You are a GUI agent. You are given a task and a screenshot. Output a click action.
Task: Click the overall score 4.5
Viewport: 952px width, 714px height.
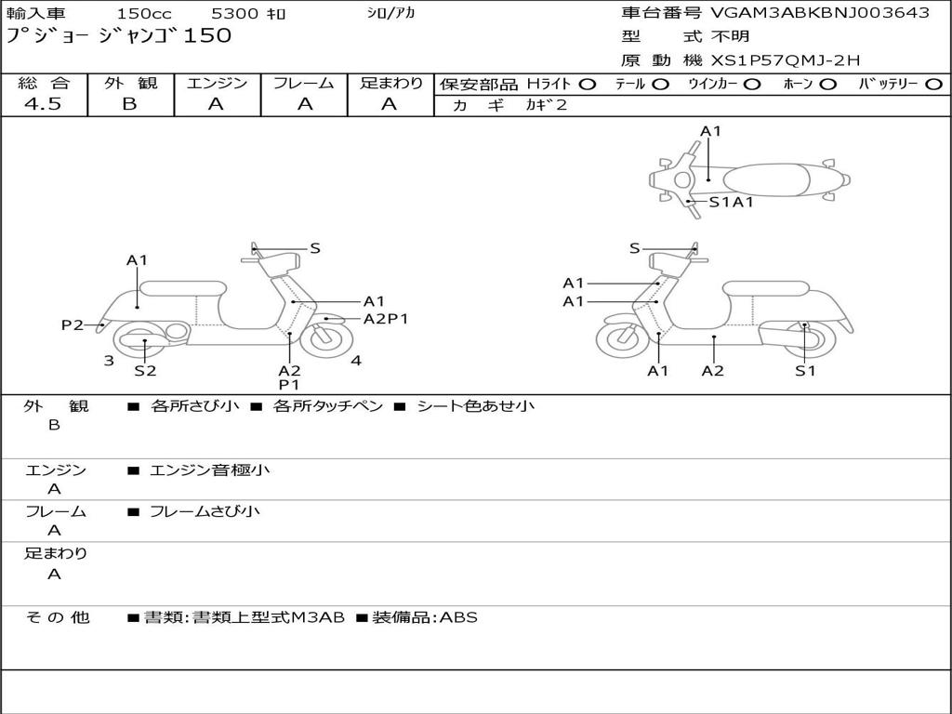43,103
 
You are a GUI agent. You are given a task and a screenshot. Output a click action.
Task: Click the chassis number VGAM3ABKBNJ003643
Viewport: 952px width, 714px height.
820,12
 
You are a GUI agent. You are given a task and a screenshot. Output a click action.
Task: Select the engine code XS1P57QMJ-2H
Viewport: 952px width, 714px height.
786,60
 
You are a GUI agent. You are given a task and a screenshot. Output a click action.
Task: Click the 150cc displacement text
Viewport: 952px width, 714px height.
144,13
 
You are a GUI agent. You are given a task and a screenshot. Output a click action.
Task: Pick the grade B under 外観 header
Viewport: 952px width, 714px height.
130,103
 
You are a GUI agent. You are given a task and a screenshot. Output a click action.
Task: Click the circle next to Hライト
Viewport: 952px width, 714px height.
588,85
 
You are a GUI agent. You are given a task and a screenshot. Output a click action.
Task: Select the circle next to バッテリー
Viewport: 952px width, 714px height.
933,85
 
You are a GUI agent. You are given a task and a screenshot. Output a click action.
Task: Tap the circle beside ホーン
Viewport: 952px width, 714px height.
827,85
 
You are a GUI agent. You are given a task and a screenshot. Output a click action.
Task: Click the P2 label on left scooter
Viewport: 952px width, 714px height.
73,324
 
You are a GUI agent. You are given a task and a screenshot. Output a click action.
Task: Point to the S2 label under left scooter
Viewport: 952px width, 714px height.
145,370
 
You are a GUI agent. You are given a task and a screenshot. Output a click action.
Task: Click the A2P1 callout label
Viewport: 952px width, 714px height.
386,319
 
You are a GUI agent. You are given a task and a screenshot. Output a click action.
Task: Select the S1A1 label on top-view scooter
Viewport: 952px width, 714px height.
731,202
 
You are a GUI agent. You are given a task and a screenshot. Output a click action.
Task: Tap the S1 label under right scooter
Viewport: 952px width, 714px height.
805,370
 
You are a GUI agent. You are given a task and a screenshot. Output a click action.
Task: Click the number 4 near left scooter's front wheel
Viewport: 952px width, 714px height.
356,361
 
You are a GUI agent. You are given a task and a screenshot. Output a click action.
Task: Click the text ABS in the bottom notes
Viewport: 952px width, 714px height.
458,617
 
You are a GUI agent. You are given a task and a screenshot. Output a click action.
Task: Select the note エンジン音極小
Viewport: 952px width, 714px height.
209,469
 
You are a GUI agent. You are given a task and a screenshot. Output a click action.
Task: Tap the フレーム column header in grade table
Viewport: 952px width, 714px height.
304,83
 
